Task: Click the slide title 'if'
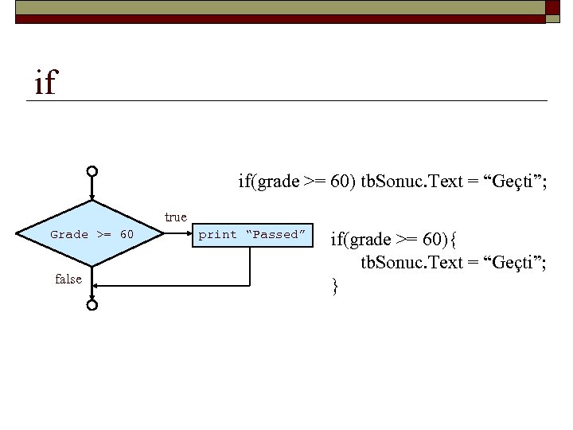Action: pyautogui.click(x=45, y=82)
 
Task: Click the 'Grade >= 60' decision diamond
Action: pyautogui.click(x=92, y=234)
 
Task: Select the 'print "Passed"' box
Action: pyautogui.click(x=251, y=234)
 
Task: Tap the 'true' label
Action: pyautogui.click(x=175, y=217)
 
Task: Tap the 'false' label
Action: pyautogui.click(x=68, y=279)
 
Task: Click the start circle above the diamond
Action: pyautogui.click(x=92, y=171)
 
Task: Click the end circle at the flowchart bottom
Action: pyautogui.click(x=92, y=304)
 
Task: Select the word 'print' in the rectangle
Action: pyautogui.click(x=217, y=234)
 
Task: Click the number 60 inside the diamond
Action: pyautogui.click(x=127, y=234)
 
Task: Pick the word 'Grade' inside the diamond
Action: pyautogui.click(x=69, y=234)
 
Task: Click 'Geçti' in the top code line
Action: pyautogui.click(x=509, y=182)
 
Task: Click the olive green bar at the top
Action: pyautogui.click(x=279, y=7)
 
